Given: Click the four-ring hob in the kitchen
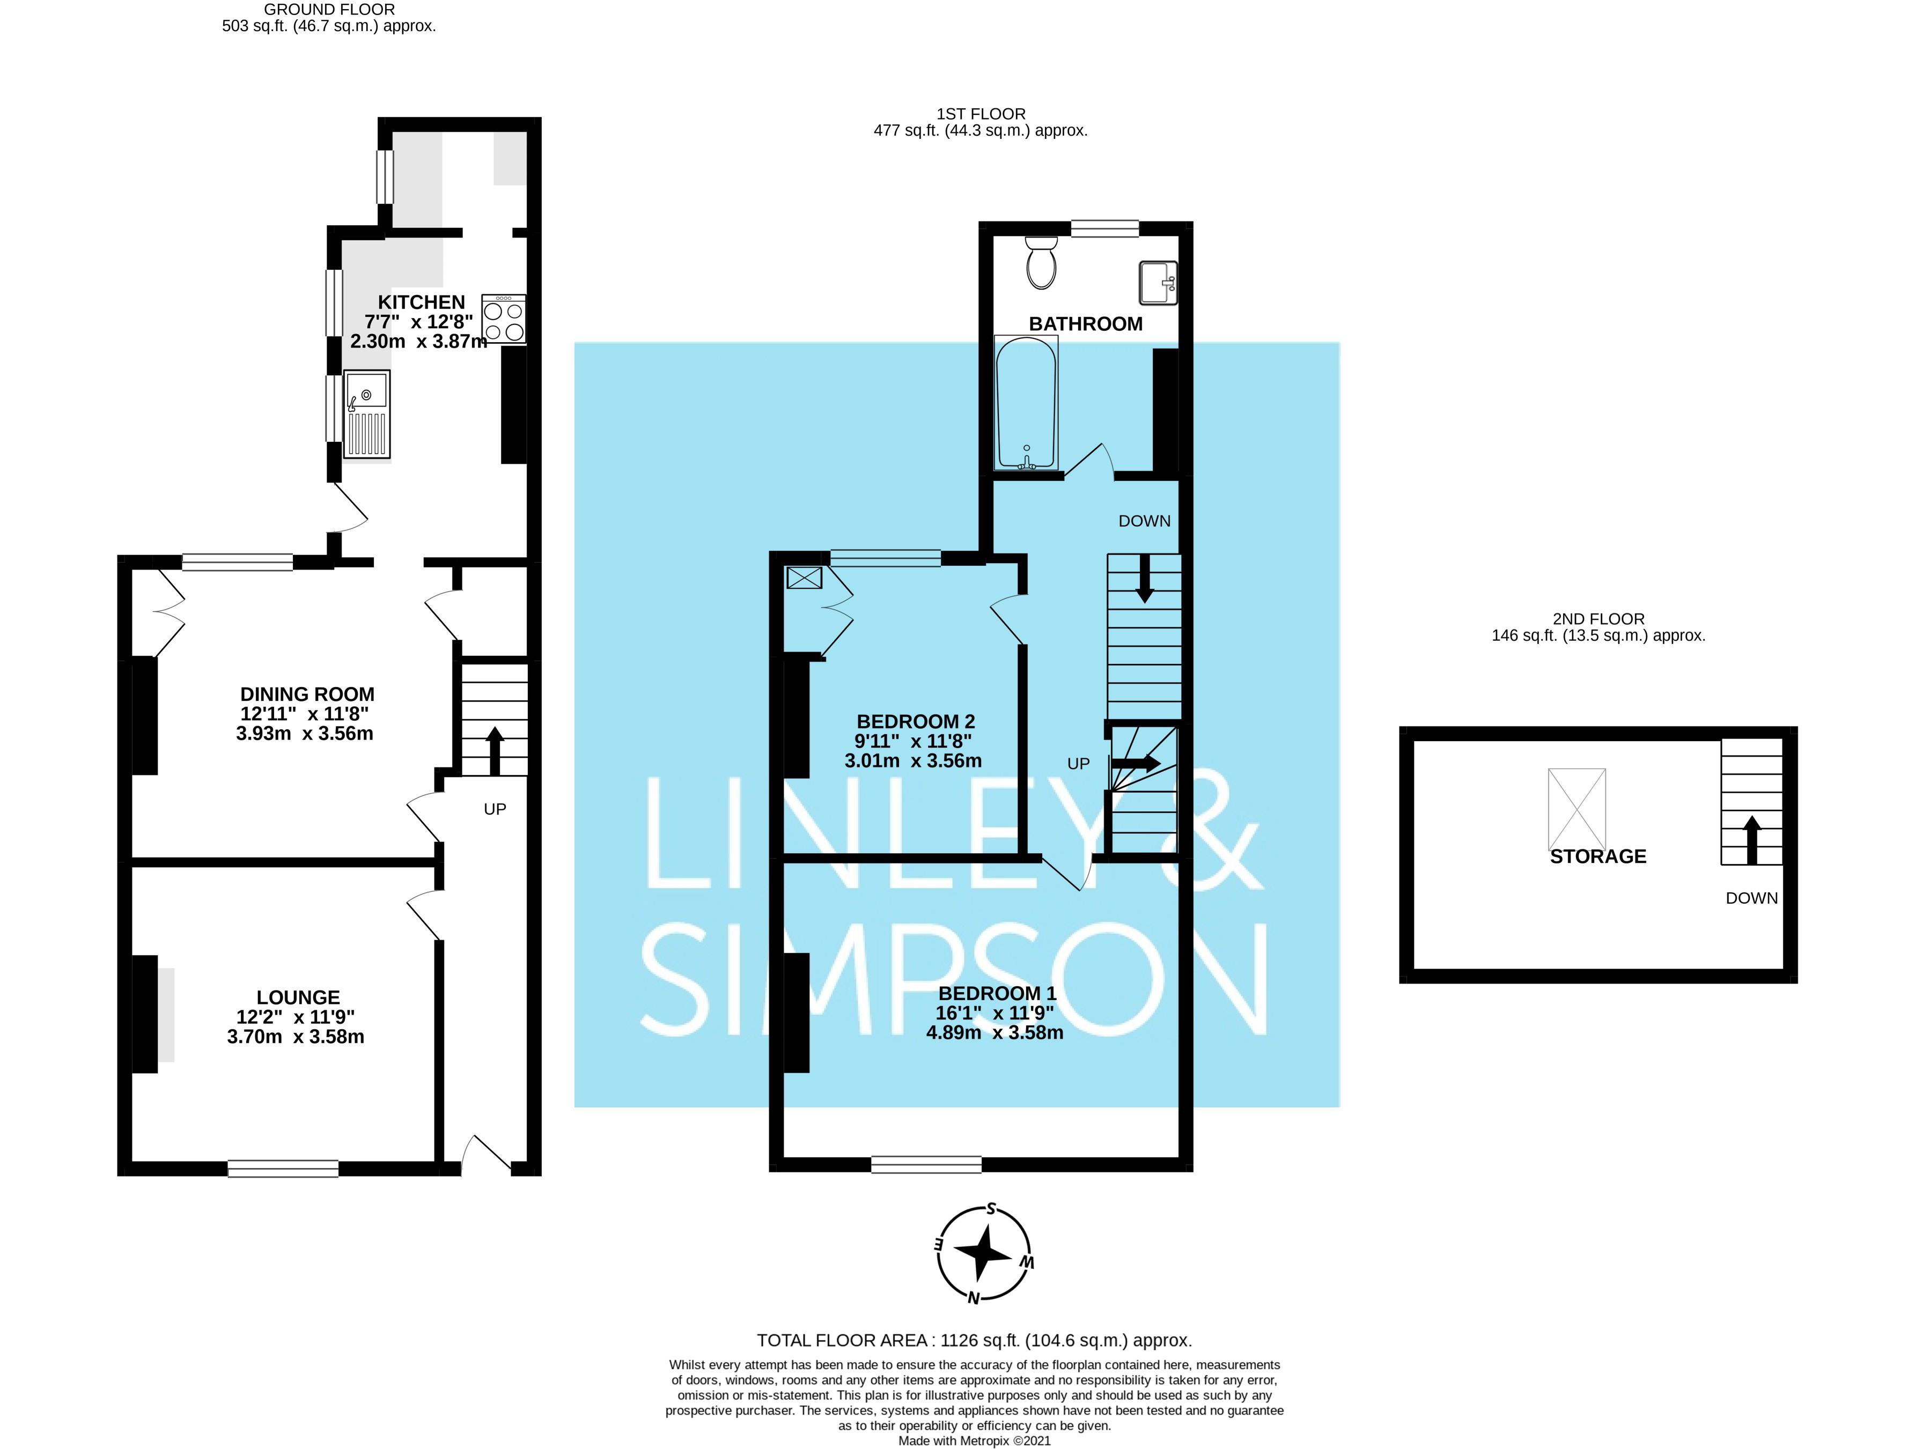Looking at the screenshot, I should [504, 320].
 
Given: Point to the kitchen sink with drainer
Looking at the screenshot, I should [367, 414].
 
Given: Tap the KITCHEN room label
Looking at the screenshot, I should [422, 302].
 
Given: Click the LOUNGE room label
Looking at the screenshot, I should [298, 997].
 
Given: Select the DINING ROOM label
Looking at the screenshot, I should [307, 694].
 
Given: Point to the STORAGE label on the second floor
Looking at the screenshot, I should [1597, 856].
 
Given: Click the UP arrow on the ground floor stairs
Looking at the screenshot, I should [495, 750].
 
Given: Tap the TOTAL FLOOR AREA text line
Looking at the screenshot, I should [974, 1340].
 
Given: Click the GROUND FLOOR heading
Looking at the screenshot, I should [329, 10].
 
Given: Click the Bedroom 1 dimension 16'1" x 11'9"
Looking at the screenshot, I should [994, 1012].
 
